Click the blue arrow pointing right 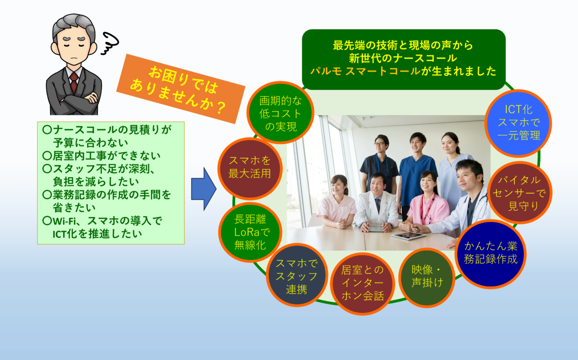click(x=204, y=189)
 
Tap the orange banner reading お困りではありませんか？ click(x=181, y=89)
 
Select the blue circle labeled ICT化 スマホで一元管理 click(x=518, y=123)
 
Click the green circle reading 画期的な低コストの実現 click(x=280, y=113)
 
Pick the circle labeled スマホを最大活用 click(x=250, y=168)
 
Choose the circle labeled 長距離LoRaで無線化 click(x=250, y=232)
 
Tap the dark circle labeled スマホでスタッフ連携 click(x=297, y=275)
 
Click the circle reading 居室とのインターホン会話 click(x=363, y=283)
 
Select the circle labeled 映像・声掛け click(x=427, y=278)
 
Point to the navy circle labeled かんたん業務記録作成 click(x=490, y=254)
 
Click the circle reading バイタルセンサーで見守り click(x=519, y=193)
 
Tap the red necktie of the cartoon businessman click(x=74, y=82)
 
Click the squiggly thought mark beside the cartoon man click(x=110, y=43)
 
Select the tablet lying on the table click(x=408, y=236)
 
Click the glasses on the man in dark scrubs click(x=380, y=144)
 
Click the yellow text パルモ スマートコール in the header click(x=366, y=71)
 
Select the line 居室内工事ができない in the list click(x=102, y=155)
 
